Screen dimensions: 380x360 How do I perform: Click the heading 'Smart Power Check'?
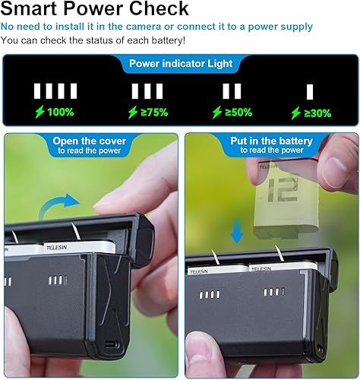point(95,9)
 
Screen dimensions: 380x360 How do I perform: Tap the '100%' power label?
point(59,112)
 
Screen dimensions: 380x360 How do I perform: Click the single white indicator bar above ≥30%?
point(310,91)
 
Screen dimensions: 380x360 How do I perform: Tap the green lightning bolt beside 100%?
point(40,112)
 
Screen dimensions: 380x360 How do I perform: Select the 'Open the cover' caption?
point(90,141)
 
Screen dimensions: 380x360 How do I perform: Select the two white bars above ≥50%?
point(232,91)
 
